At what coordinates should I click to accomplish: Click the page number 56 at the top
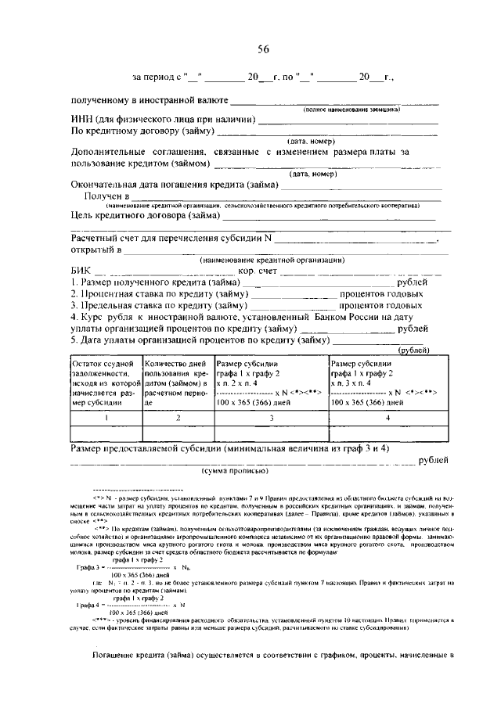click(x=264, y=49)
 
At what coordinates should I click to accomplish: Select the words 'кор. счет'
click(x=256, y=271)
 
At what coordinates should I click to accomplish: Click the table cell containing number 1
click(x=106, y=419)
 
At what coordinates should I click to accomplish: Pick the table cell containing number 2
click(x=177, y=419)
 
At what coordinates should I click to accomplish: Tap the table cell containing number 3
click(x=270, y=419)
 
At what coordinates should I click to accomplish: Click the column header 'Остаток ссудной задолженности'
click(x=106, y=383)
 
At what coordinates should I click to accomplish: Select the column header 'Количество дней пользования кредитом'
click(x=177, y=383)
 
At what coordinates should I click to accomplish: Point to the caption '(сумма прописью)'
click(x=235, y=472)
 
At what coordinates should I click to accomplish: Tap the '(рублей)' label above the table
click(x=411, y=350)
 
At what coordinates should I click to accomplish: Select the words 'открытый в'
click(x=95, y=250)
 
